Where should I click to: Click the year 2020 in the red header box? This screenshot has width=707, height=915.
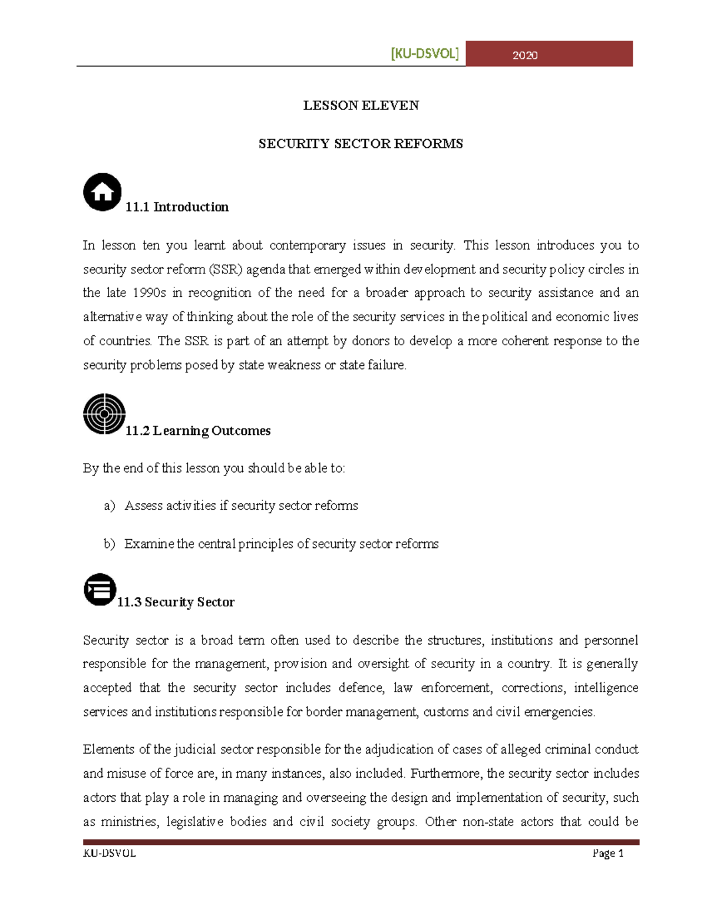click(524, 55)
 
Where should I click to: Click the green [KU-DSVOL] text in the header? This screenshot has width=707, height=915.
click(424, 54)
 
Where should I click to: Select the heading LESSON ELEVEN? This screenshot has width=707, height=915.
click(361, 105)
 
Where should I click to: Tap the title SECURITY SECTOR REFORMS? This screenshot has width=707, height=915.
click(361, 144)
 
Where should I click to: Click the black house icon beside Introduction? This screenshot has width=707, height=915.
click(103, 192)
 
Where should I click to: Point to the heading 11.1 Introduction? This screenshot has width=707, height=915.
click(177, 207)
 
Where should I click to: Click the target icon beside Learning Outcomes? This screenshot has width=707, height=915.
click(104, 414)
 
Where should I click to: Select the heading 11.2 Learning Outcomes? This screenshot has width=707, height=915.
click(198, 431)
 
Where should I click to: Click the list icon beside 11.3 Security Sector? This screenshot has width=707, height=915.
click(100, 589)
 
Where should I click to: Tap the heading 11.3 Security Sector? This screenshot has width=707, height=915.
click(176, 602)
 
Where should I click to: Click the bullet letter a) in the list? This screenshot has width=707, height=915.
click(109, 506)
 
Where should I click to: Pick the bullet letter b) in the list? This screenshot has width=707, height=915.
click(109, 544)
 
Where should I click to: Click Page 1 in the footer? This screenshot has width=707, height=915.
click(607, 853)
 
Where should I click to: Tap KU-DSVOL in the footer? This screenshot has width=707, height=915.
click(110, 853)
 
